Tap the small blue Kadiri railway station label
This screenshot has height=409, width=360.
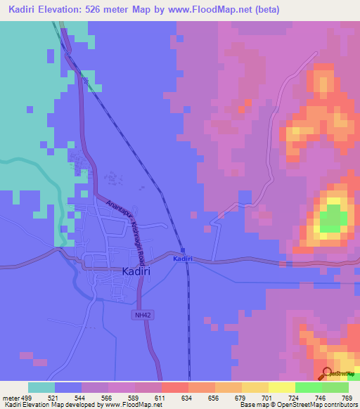(183, 259)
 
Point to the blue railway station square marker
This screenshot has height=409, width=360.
(183, 250)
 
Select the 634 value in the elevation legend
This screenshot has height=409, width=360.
(188, 397)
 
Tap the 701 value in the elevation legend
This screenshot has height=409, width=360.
(267, 397)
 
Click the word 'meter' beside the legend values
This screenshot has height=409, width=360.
(9, 397)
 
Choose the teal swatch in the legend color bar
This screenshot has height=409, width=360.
(41, 387)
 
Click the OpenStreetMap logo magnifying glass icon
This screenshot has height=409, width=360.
(327, 374)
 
